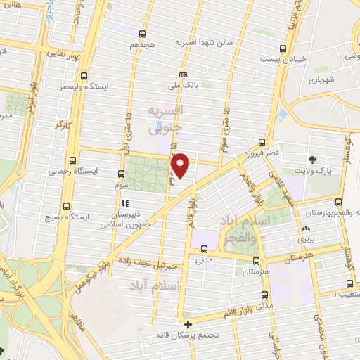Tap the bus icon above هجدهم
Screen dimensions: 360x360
(143, 33)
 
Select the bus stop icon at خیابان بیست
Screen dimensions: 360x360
(283, 49)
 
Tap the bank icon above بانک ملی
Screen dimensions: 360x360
(184, 75)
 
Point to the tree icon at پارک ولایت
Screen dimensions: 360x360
(314, 159)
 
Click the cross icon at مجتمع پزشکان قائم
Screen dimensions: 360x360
(188, 324)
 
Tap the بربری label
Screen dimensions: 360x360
(305, 240)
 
